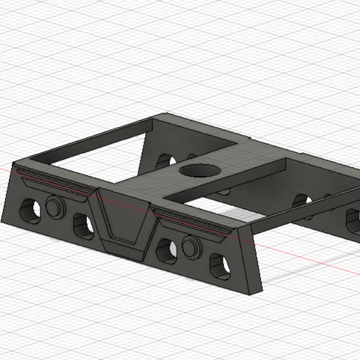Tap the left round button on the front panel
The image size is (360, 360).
point(54,206)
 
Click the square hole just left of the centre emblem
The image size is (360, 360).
point(83,225)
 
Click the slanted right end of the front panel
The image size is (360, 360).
point(255,258)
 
